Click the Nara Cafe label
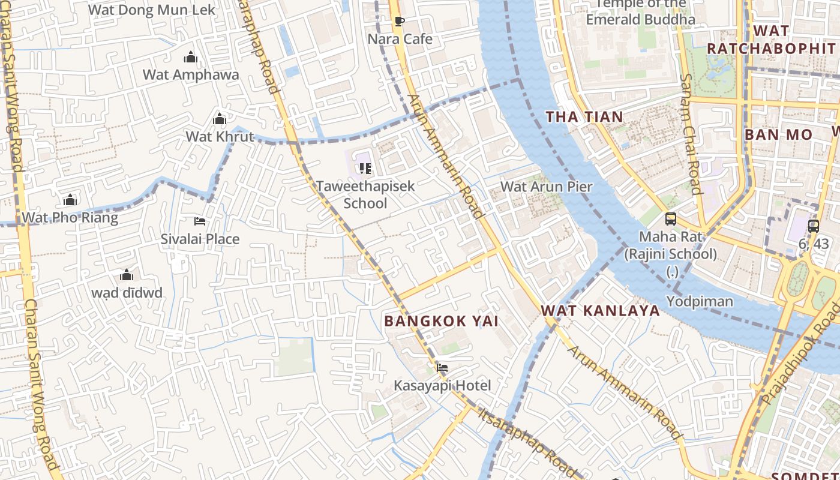400,39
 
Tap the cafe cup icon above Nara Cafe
400,22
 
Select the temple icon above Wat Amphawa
191,58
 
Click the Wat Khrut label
220,136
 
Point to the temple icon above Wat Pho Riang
70,200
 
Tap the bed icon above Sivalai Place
200,221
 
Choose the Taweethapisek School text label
365,194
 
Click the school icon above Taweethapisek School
365,169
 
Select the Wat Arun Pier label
546,187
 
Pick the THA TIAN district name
584,117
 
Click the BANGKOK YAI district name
441,321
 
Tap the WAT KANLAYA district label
600,311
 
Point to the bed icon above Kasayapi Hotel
442,368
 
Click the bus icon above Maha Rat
671,219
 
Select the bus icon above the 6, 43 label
814,226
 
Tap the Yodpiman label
700,301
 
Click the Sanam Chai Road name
691,134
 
